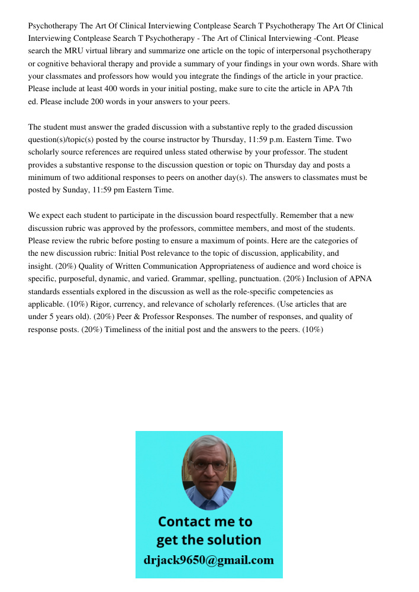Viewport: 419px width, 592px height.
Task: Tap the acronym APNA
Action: [359, 279]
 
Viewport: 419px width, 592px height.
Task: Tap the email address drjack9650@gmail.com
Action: [209, 560]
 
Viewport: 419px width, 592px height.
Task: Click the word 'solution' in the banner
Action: [235, 540]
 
